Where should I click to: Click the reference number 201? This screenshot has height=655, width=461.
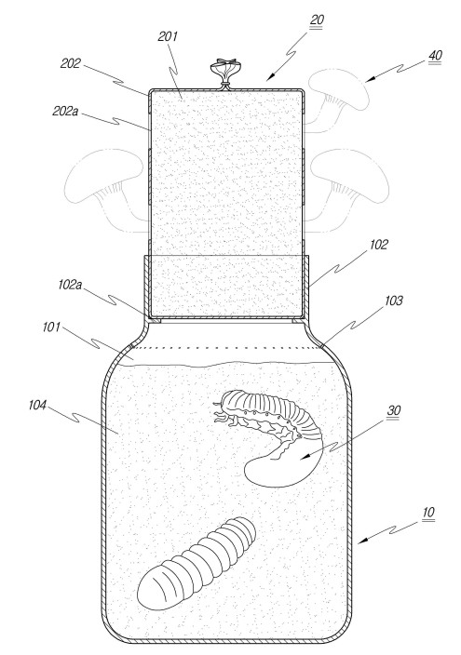coord(168,36)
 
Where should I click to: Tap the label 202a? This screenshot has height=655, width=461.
coord(65,111)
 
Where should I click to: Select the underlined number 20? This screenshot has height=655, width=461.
coord(317,20)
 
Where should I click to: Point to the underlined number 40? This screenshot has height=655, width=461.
coord(435,56)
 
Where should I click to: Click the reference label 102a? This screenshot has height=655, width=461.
coord(70,285)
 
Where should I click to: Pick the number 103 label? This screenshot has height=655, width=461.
coord(393,301)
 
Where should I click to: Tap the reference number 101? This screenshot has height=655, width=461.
coord(51,327)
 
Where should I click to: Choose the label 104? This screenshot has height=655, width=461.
coord(37,405)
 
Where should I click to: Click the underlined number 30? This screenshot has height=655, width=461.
coord(394,410)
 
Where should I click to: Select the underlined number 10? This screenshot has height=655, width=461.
coord(428,512)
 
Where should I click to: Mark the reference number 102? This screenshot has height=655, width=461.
coord(379,245)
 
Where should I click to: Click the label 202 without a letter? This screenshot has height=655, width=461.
coord(70,63)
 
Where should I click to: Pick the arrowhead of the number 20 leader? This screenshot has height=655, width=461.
coord(271,76)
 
